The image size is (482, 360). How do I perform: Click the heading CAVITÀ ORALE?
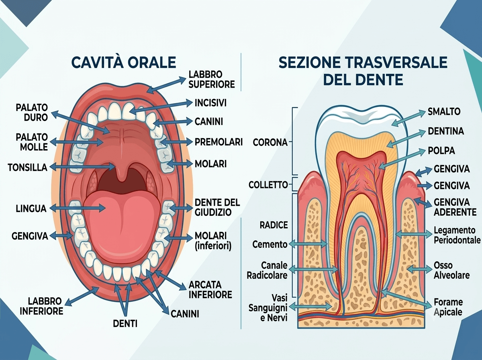click(124, 62)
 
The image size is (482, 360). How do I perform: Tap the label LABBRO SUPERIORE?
click(212, 79)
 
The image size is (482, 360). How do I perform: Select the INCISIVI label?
click(210, 103)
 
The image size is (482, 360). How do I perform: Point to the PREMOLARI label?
click(219, 142)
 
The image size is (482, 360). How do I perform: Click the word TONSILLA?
click(28, 168)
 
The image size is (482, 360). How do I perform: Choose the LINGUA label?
click(31, 209)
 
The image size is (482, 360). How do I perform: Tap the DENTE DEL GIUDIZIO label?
click(217, 207)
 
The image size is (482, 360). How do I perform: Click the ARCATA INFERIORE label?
click(210, 290)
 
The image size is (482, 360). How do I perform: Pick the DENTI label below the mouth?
click(125, 323)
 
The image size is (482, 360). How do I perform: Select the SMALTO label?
click(444, 112)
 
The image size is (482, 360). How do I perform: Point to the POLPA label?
click(441, 151)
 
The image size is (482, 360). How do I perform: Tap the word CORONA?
click(270, 142)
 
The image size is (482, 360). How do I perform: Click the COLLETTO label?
click(268, 185)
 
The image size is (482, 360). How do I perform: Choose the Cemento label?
click(270, 244)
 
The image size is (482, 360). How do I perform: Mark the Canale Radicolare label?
click(267, 270)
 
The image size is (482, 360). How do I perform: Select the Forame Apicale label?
click(448, 307)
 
